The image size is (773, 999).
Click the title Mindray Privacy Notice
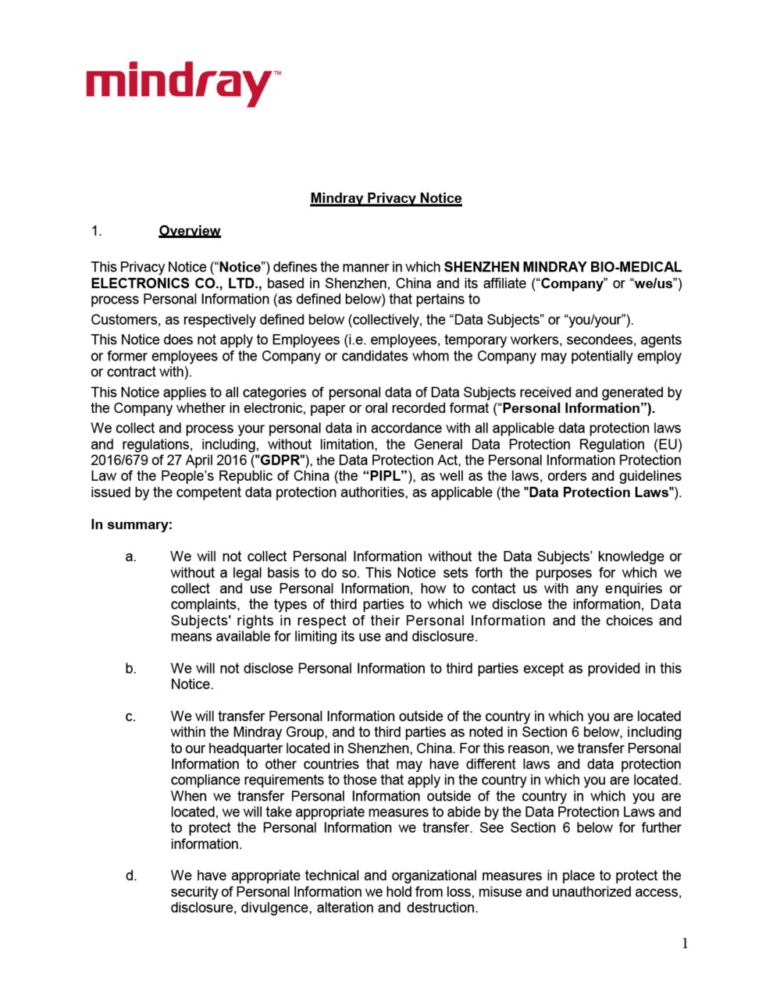(386, 198)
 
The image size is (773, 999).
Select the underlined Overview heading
(190, 231)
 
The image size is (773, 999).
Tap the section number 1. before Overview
(96, 231)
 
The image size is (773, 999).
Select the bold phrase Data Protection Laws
(600, 492)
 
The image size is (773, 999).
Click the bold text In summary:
(131, 524)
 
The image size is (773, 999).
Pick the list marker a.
(130, 557)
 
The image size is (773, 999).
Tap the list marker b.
(130, 669)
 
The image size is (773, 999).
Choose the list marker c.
(130, 716)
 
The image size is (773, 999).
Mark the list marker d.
(130, 876)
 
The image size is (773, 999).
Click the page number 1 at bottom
(685, 944)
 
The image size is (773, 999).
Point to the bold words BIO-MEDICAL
(632, 268)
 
